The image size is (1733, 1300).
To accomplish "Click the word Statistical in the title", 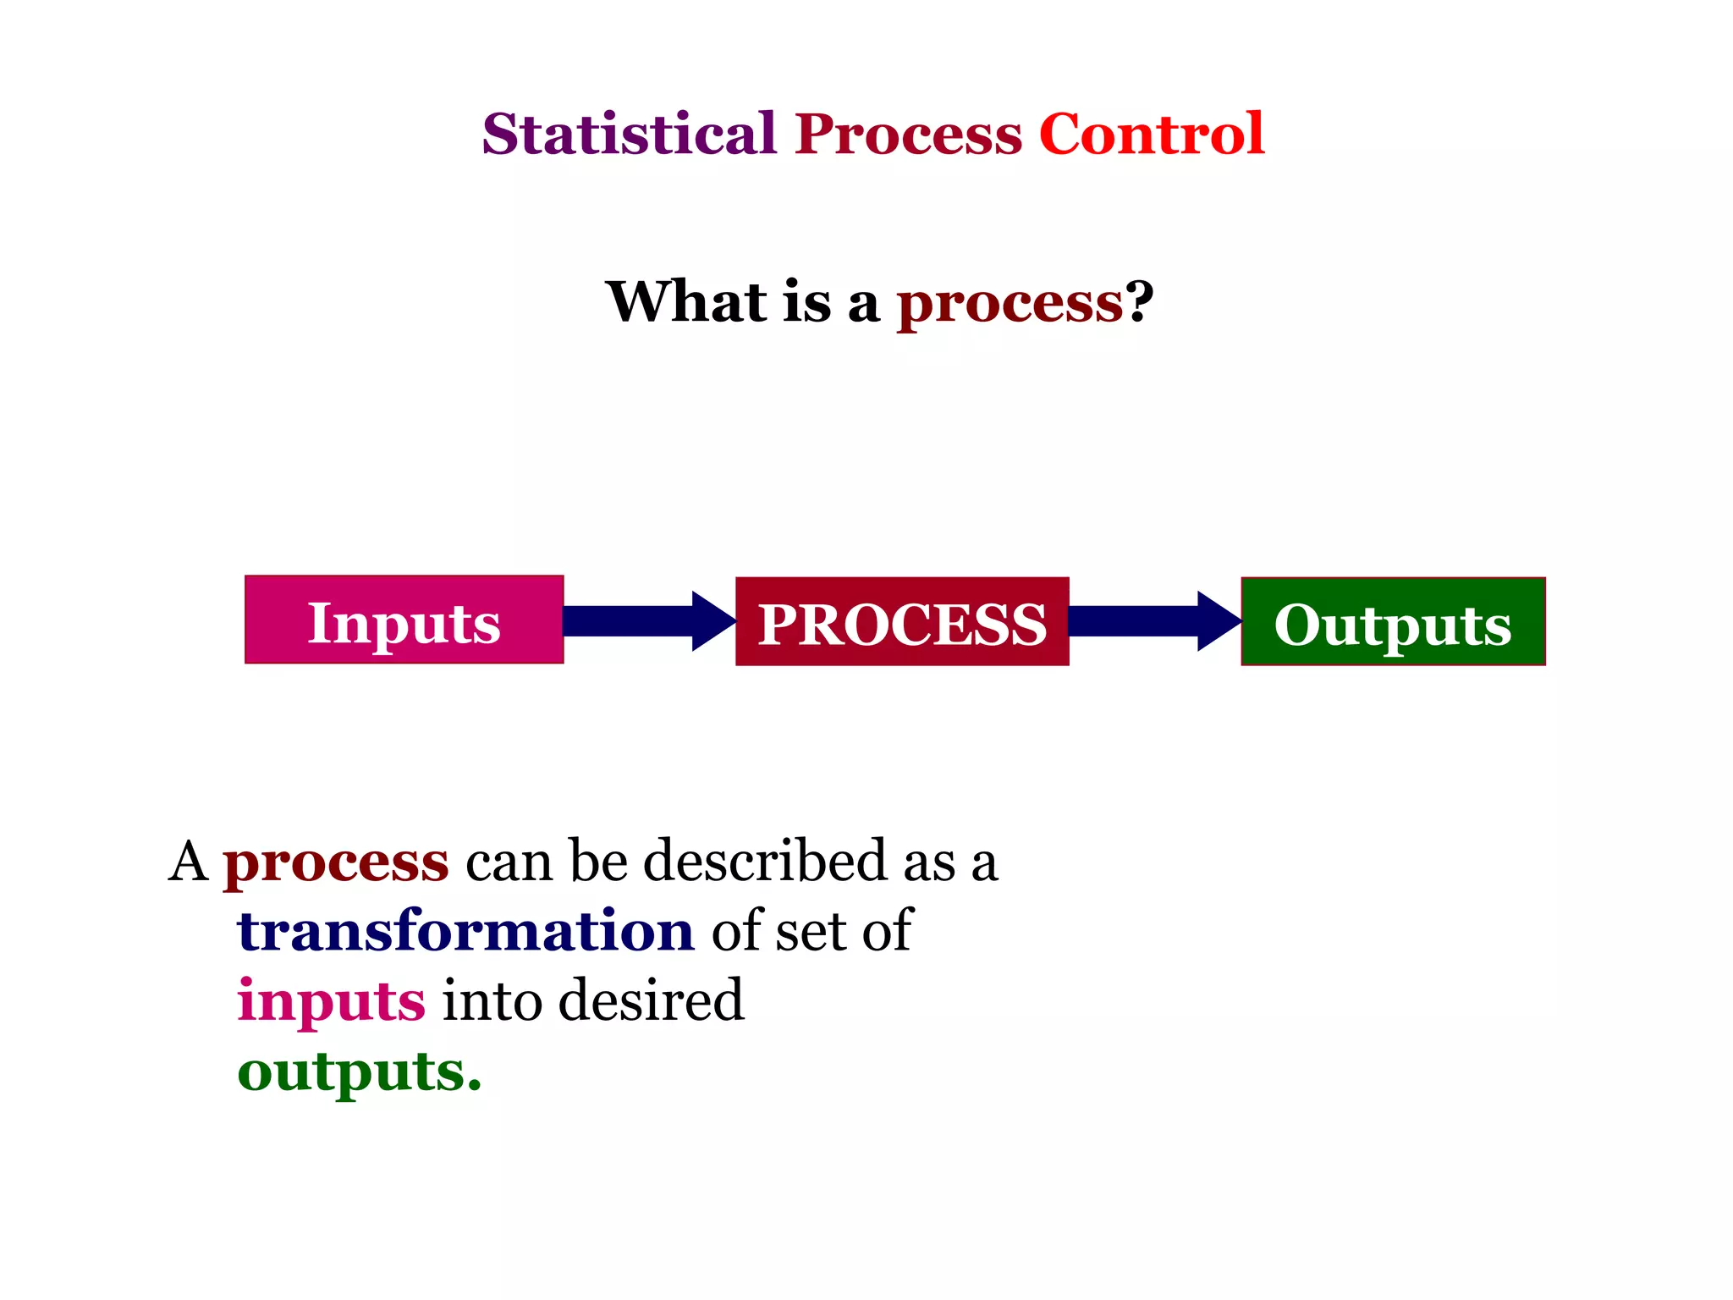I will pyautogui.click(x=629, y=134).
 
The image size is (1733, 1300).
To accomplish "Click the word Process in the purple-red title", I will pyautogui.click(x=908, y=134).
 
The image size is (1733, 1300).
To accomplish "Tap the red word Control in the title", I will pyautogui.click(x=1151, y=134).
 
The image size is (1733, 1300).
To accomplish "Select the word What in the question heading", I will pyautogui.click(x=686, y=301).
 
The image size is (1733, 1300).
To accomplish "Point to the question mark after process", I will pyautogui.click(x=1139, y=301).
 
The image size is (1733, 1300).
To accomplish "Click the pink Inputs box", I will pyautogui.click(x=404, y=620).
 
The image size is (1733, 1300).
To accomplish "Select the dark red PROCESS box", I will pyautogui.click(x=901, y=622).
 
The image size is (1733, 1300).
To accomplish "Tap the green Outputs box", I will pyautogui.click(x=1392, y=622).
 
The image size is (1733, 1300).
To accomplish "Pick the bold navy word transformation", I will pyautogui.click(x=465, y=931).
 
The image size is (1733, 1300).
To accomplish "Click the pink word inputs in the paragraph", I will pyautogui.click(x=331, y=1002).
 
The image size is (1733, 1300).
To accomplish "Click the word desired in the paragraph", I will pyautogui.click(x=651, y=1000).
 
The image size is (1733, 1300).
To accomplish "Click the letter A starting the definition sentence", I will pyautogui.click(x=188, y=862).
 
